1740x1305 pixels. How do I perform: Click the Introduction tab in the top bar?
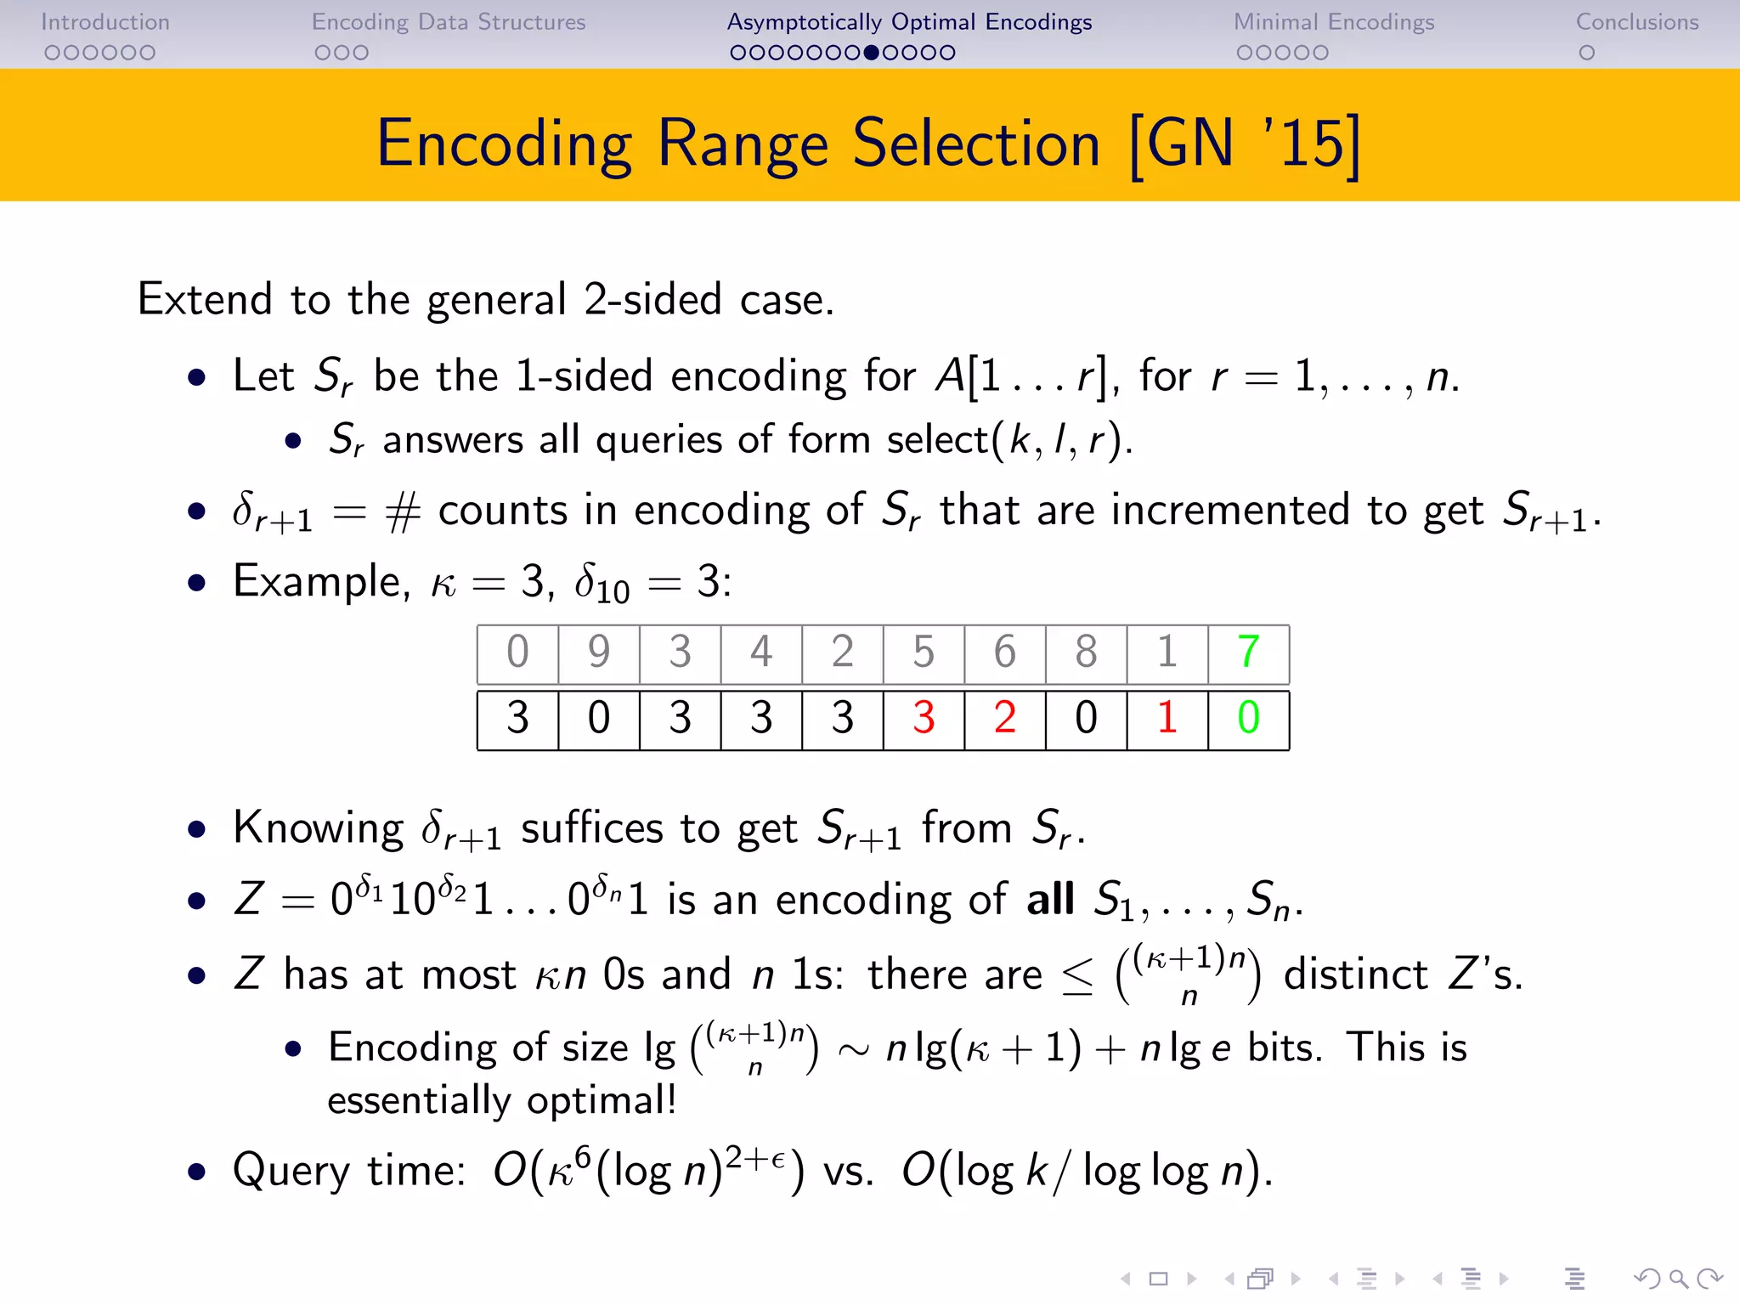[105, 22]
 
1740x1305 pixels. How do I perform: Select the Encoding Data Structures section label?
[449, 22]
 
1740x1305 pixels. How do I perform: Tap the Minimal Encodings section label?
[1334, 22]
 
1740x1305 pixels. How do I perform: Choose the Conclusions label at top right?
[1637, 22]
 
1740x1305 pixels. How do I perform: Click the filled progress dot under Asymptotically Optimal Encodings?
[871, 53]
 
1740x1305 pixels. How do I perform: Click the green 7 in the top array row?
[1248, 652]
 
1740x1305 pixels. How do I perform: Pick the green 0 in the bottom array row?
[1248, 718]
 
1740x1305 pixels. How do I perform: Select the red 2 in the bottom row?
[1004, 718]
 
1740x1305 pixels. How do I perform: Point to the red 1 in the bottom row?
[1167, 718]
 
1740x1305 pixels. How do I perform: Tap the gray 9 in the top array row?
[599, 652]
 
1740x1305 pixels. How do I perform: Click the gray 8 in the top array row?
[1086, 652]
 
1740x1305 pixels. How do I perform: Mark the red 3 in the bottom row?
[924, 718]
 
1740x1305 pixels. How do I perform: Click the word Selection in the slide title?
[976, 144]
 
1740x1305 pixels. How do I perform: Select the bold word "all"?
[1050, 899]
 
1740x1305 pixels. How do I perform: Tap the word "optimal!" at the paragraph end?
[602, 1101]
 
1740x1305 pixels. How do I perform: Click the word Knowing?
[319, 828]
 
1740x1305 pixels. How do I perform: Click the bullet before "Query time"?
[197, 1172]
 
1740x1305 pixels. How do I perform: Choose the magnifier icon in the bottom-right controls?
[1678, 1279]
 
